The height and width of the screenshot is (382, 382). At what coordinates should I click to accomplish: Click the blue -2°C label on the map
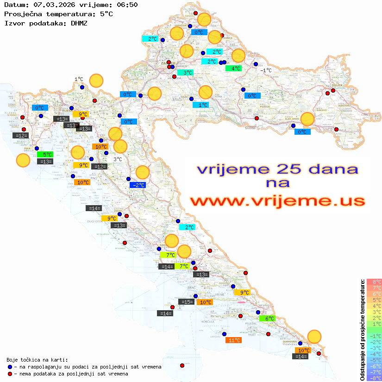click(138, 185)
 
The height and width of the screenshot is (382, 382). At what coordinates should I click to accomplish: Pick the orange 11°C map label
click(233, 340)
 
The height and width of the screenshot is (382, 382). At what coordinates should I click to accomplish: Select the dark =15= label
click(186, 302)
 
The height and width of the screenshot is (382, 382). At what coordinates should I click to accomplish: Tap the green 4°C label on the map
click(233, 69)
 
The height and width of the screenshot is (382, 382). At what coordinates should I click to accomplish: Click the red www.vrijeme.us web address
click(277, 201)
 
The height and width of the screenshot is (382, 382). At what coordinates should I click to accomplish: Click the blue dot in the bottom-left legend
click(10, 367)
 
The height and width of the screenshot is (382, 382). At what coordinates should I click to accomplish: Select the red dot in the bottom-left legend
click(10, 374)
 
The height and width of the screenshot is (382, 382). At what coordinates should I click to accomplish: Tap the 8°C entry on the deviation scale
click(374, 282)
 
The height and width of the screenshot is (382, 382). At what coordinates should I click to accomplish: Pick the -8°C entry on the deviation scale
click(374, 378)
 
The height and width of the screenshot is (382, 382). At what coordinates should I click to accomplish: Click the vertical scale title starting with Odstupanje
click(362, 330)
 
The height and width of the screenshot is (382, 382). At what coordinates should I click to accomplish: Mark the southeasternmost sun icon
click(314, 336)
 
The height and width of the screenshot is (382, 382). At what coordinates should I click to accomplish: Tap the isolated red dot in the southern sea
click(182, 365)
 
